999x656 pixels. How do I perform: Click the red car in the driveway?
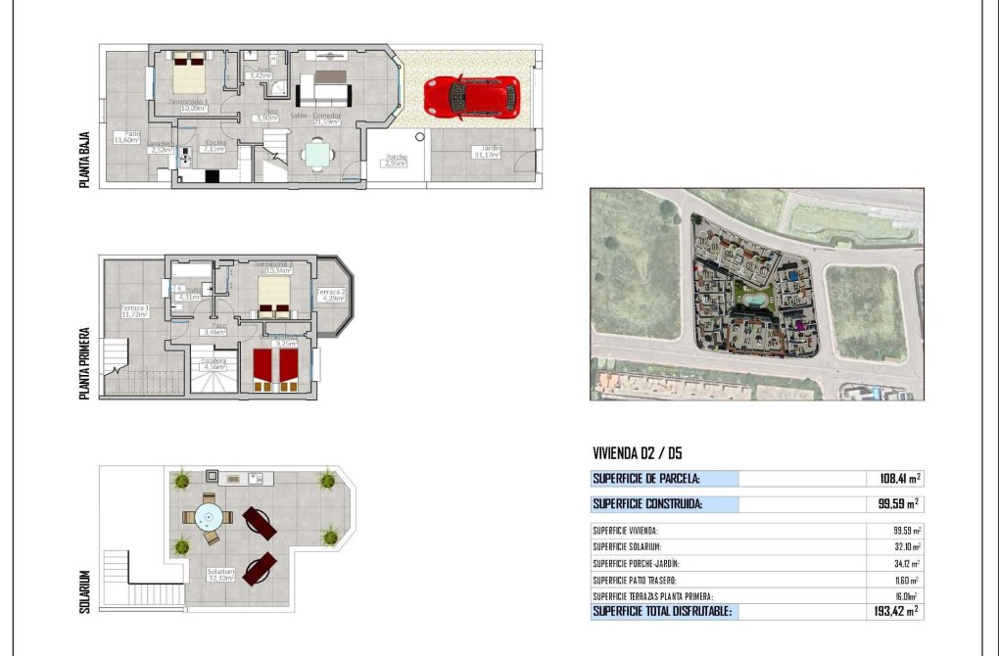(471, 97)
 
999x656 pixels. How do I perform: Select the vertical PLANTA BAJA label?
(86, 162)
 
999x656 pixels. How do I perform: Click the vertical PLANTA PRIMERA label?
(86, 362)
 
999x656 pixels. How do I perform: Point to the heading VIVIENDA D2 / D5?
(638, 454)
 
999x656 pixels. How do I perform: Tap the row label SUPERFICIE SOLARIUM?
(627, 546)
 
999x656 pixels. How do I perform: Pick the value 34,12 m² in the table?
(903, 563)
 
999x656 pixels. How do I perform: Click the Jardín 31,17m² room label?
(487, 152)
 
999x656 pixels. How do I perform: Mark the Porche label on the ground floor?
(396, 160)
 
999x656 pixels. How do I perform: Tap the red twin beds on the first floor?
(276, 369)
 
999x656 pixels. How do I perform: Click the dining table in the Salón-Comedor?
(318, 155)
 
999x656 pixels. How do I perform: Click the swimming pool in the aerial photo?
(754, 298)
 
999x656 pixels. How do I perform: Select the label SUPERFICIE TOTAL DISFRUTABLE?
(661, 611)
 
